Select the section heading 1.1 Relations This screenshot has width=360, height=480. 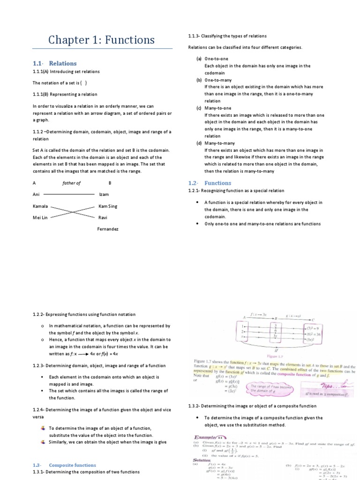coord(54,63)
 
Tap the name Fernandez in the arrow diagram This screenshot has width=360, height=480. coord(108,229)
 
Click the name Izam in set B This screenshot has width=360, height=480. coord(104,194)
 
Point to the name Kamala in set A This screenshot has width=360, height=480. coord(40,206)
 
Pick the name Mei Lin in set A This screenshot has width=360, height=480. coord(40,217)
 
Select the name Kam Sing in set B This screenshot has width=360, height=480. coord(108,206)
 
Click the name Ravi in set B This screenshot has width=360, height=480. coord(103,217)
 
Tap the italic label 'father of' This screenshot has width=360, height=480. coord(71,183)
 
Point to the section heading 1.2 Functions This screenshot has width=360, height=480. coord(210,183)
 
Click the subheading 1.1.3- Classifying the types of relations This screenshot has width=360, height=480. coord(227,36)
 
